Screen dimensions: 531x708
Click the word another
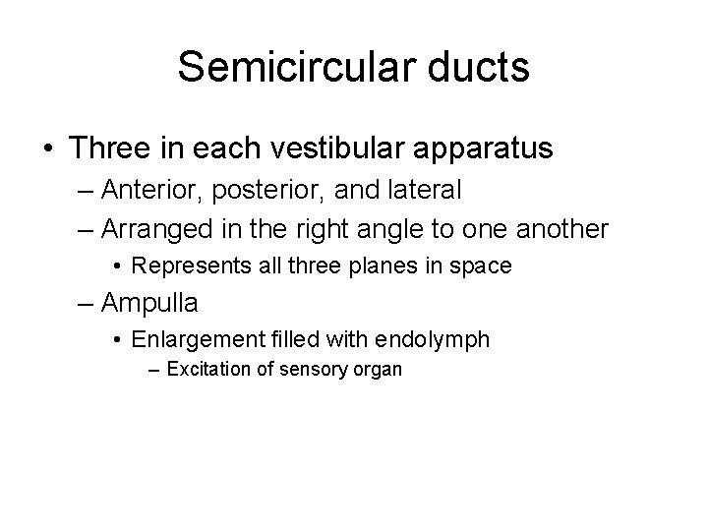(x=562, y=228)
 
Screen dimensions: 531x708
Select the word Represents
(x=184, y=265)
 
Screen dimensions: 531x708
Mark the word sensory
(x=314, y=371)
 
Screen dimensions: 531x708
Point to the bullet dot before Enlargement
(x=118, y=340)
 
